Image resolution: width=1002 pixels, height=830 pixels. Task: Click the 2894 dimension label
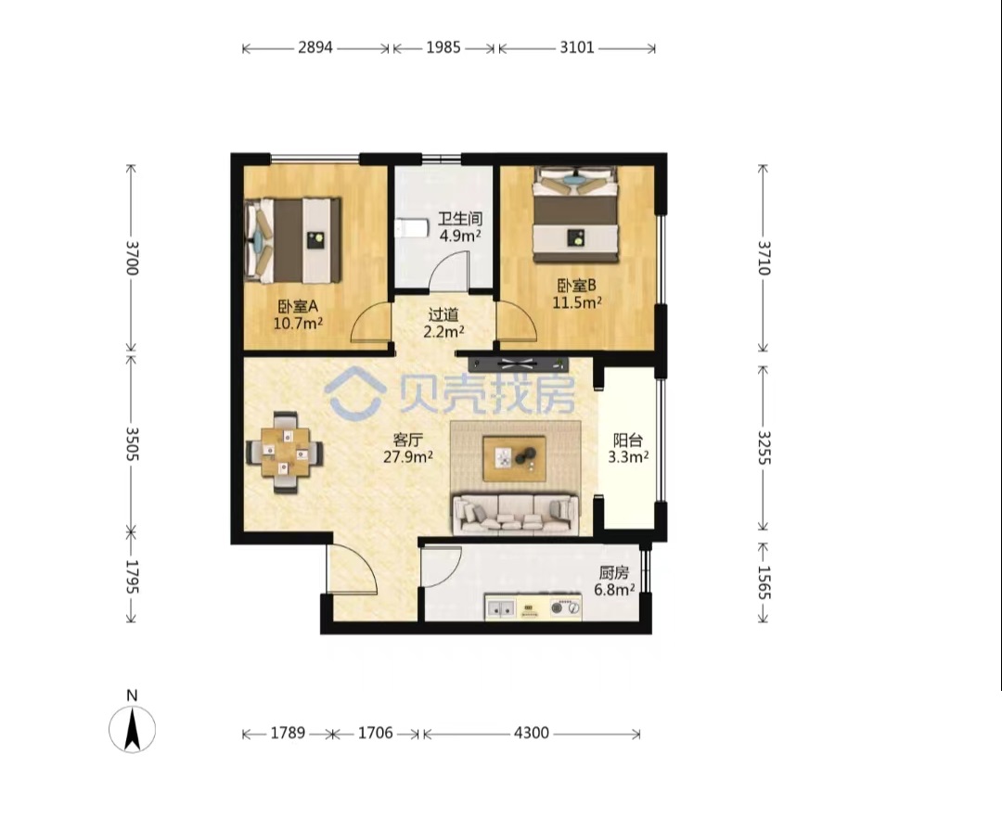[x=315, y=47]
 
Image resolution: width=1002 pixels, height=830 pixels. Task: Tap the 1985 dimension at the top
[x=443, y=47]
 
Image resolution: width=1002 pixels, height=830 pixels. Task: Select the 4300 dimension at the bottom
[x=531, y=733]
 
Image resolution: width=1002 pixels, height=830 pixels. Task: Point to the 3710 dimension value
[x=764, y=258]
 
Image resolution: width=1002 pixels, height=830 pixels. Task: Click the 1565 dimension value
[x=764, y=582]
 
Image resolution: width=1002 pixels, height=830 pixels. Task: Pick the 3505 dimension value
[x=132, y=443]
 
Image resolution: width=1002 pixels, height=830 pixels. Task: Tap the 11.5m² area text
[x=577, y=302]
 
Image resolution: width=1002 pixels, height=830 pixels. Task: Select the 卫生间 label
[x=460, y=219]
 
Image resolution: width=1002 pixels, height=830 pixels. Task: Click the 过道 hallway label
[x=443, y=314]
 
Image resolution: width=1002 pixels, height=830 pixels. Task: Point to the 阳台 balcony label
[x=627, y=440]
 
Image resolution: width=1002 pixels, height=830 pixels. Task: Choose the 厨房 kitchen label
[x=613, y=572]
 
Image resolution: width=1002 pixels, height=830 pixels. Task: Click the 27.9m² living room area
[x=408, y=456]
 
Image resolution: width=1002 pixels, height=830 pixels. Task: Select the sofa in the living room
[x=515, y=514]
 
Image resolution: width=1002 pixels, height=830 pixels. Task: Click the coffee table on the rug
[x=514, y=458]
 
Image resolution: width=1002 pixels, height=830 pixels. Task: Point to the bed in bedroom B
[x=576, y=214]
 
